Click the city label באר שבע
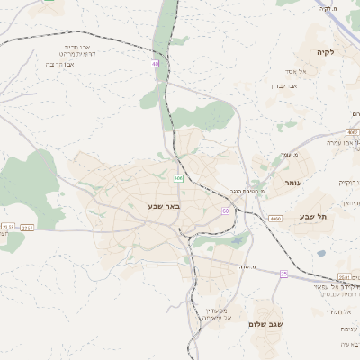point(165,206)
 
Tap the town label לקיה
point(325,52)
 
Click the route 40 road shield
point(156,64)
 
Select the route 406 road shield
point(179,178)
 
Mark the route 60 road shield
point(225,211)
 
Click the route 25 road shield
point(283,273)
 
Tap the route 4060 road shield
point(274,219)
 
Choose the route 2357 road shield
point(27,228)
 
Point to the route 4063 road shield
point(352,132)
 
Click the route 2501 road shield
point(345,277)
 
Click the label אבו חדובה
point(64,64)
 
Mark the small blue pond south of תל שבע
point(321,253)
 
